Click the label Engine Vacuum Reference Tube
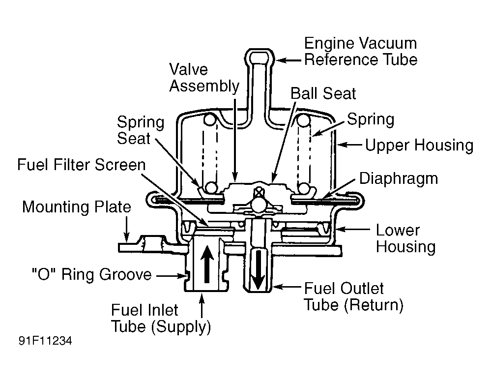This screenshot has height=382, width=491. coord(360,51)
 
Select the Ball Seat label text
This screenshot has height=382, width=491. coord(323,93)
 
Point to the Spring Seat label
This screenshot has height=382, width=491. coord(134,130)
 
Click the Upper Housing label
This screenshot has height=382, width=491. coord(419,146)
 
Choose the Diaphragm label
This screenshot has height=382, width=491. coord(399,178)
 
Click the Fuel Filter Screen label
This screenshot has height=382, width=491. coord(82,164)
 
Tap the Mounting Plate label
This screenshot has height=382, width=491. coord(77,207)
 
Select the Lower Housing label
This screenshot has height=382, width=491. coord(405,238)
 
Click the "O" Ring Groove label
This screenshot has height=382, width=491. coord(90,274)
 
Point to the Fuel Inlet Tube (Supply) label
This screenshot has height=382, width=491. coord(161,319)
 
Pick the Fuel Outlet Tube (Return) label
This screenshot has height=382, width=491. coord(353,296)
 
